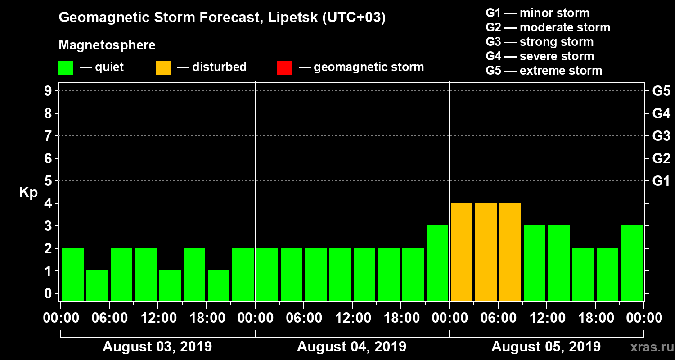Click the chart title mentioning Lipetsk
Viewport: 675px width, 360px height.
tap(222, 18)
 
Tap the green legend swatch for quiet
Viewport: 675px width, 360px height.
tap(66, 67)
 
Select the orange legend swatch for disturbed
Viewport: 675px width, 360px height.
tap(163, 67)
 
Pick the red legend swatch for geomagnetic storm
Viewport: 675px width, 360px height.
tap(284, 67)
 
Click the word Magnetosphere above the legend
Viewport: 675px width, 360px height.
tap(107, 45)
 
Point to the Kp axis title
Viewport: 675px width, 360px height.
tap(28, 192)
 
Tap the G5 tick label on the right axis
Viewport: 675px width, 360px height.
tap(661, 91)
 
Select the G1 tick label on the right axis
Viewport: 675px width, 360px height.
tap(661, 181)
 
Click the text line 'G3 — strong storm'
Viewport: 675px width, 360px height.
tap(540, 42)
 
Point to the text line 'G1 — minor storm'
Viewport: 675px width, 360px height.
tap(537, 13)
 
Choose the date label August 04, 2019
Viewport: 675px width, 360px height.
tap(351, 347)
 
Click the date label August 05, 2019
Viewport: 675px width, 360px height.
tap(546, 347)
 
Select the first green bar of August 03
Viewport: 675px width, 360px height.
tap(73, 274)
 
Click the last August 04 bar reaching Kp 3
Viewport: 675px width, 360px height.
tap(437, 262)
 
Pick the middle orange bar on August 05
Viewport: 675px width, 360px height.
tap(486, 251)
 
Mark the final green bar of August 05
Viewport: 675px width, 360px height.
tap(632, 262)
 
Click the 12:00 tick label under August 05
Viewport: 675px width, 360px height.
tap(546, 318)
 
